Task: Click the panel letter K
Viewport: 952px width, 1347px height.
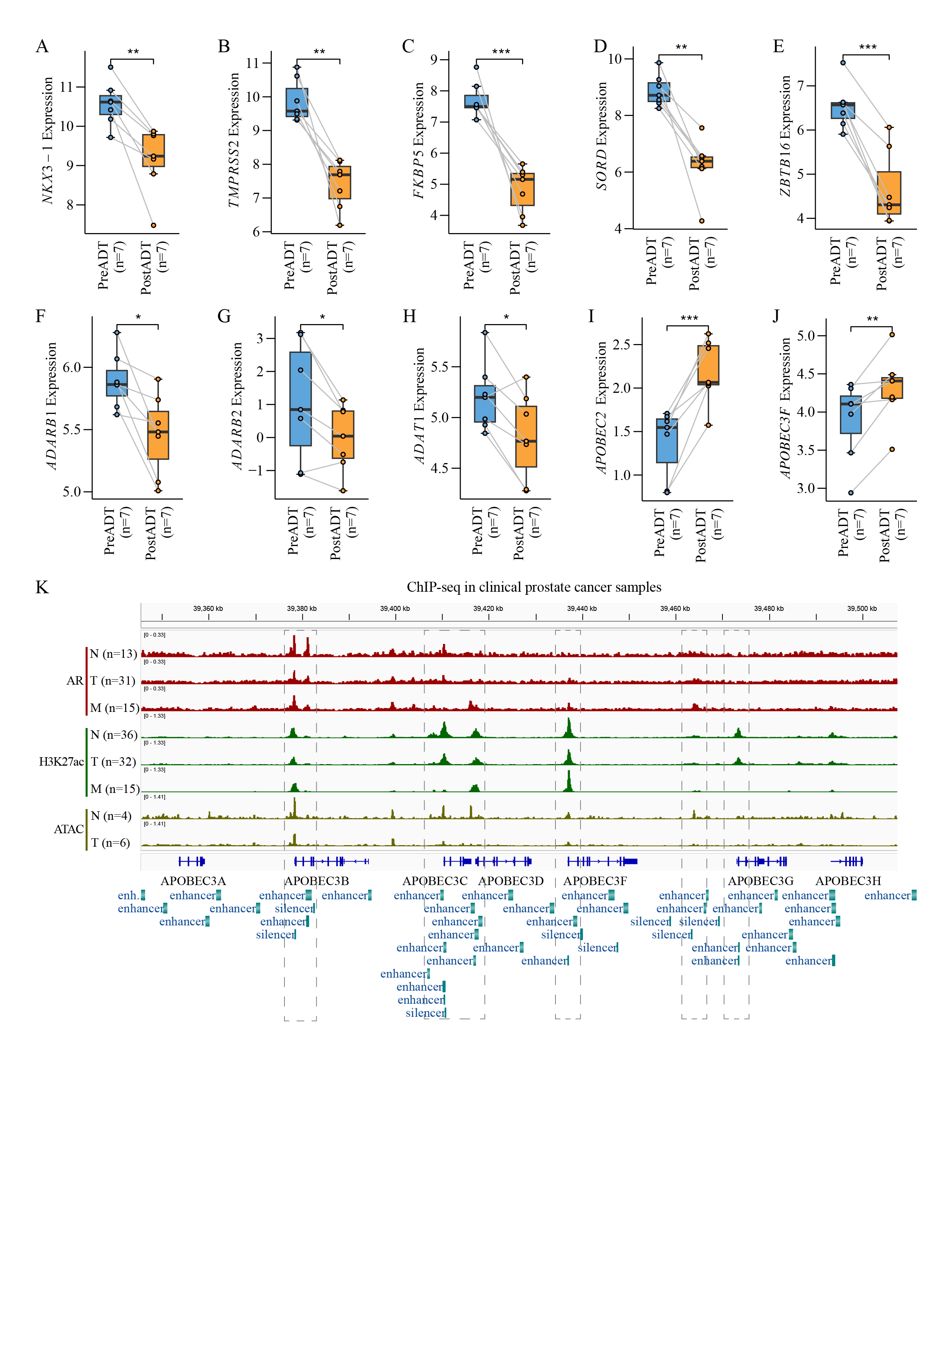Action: click(41, 587)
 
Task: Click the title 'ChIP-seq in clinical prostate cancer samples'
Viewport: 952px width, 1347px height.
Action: click(534, 587)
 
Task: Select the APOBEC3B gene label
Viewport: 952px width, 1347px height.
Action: click(317, 880)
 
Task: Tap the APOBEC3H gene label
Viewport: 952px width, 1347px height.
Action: click(848, 880)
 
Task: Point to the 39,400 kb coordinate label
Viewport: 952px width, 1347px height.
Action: click(395, 608)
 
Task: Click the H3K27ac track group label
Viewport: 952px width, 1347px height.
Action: click(61, 761)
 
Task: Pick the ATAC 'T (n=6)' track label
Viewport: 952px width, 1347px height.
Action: click(110, 843)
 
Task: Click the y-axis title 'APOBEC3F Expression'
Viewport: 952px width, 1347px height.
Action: click(785, 408)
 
